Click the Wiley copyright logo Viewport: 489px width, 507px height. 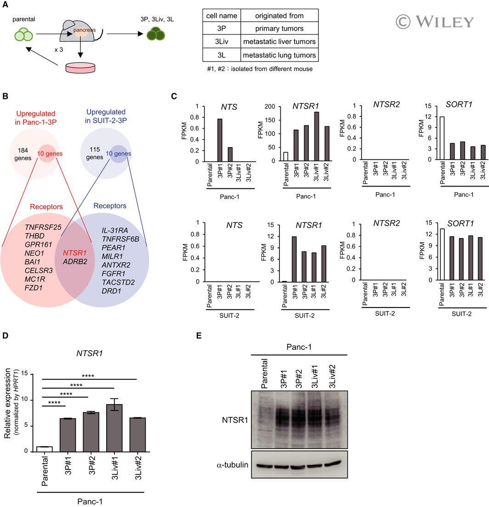pos(435,22)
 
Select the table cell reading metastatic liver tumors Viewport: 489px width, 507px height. pos(279,42)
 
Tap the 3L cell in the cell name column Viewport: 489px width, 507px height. pos(222,55)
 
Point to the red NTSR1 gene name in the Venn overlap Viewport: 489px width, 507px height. pos(74,253)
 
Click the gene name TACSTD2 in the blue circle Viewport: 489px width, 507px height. pos(118,282)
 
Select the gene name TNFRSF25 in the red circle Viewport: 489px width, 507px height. pos(43,228)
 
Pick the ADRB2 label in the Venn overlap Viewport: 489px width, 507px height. pos(75,262)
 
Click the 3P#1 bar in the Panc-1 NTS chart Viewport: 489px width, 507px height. pos(220,140)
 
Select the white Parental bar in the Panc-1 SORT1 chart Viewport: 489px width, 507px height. pos(442,138)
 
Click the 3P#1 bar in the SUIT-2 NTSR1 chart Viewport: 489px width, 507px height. pos(295,259)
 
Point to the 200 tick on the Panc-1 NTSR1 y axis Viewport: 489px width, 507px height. pos(270,106)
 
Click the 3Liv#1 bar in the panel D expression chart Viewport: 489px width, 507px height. pos(114,428)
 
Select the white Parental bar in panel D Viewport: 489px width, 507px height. pos(45,449)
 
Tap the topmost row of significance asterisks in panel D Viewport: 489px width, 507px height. pos(88,376)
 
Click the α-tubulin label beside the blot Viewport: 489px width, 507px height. pos(233,465)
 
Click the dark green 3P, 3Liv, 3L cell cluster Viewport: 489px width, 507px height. pos(156,34)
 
